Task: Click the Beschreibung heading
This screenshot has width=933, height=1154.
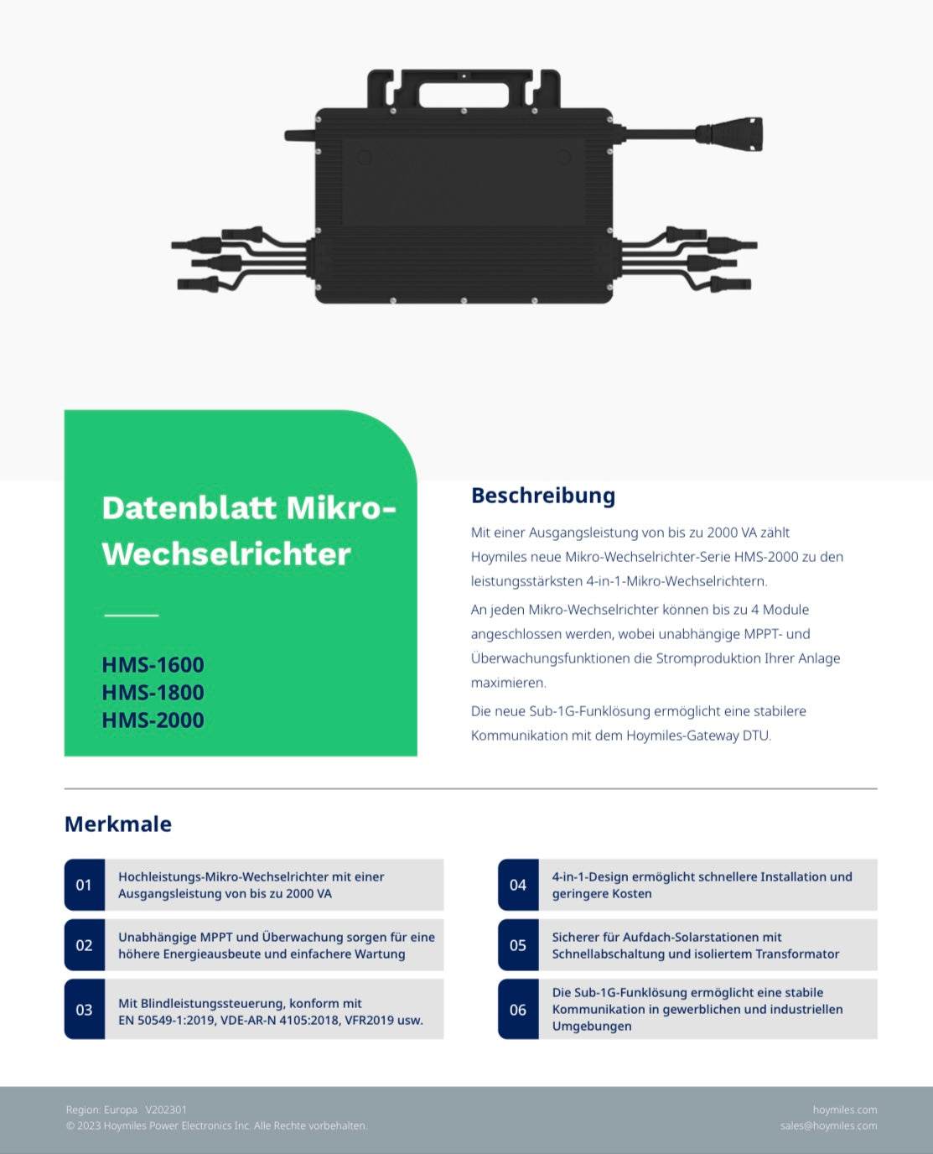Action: (x=543, y=496)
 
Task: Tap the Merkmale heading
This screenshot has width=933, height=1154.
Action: (x=118, y=824)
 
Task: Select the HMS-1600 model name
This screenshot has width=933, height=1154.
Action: (x=153, y=665)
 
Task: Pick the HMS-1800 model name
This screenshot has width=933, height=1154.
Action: (x=153, y=693)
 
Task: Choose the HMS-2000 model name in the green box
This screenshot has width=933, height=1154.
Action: (x=153, y=720)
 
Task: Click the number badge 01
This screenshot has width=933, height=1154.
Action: (x=85, y=885)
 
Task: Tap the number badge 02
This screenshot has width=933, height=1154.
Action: (x=85, y=945)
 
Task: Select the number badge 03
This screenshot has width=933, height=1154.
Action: (x=85, y=1009)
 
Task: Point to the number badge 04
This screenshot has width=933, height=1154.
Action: (x=518, y=885)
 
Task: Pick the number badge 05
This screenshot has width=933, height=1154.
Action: (x=518, y=945)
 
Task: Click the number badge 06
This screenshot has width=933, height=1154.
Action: (x=518, y=1009)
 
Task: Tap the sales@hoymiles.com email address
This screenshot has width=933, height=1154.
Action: (x=828, y=1125)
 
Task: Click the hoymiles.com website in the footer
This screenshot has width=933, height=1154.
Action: (x=845, y=1110)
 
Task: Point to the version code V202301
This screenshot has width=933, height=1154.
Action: (x=166, y=1110)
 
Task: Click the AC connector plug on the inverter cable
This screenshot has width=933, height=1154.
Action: (x=731, y=133)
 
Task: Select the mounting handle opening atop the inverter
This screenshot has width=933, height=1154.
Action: (x=464, y=96)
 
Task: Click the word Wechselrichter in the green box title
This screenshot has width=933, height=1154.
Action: (x=226, y=554)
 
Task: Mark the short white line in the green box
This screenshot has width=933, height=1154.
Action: (x=132, y=616)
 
